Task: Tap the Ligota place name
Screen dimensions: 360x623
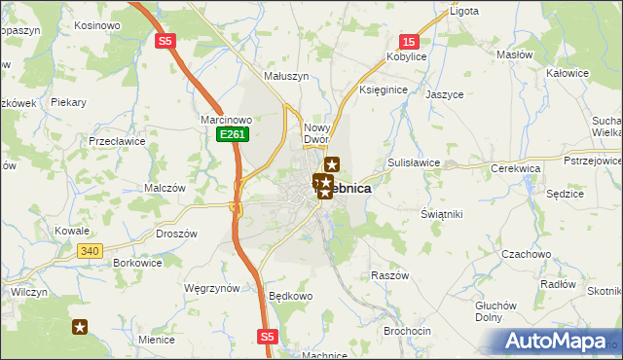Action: pos(463,12)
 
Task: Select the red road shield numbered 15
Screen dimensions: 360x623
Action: pos(410,41)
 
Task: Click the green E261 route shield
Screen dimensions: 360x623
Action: pos(230,134)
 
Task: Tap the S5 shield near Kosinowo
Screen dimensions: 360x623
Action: pos(166,40)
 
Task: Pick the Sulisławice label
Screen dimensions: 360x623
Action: pos(415,162)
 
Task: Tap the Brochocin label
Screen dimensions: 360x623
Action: pos(408,331)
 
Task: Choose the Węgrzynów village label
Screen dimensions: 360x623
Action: pos(211,288)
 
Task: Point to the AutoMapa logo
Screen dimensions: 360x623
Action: pos(559,342)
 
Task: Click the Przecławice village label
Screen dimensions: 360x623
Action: pos(116,140)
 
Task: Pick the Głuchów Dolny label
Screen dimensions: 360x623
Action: pos(495,309)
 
